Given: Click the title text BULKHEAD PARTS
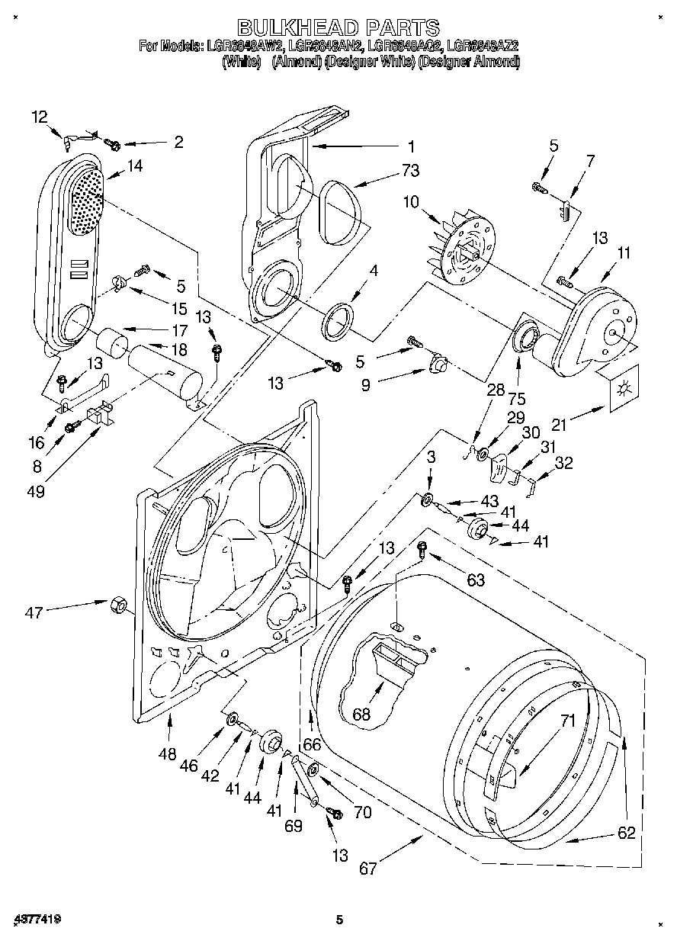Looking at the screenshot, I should [x=338, y=28].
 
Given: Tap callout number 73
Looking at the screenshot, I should [x=410, y=172].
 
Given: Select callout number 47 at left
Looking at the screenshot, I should [x=34, y=611].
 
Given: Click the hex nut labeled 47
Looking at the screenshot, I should [x=119, y=605].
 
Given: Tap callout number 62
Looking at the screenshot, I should [x=625, y=833].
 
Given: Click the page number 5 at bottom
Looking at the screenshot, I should [x=340, y=921].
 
